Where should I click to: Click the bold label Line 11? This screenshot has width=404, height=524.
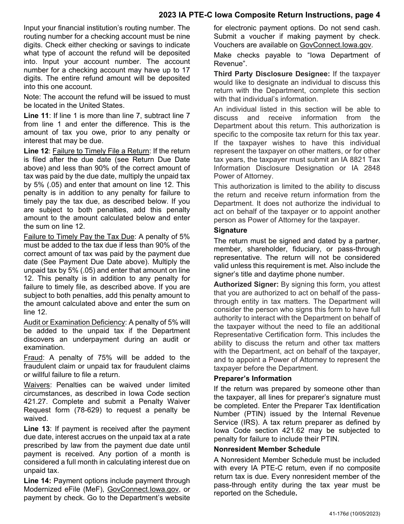[37, 115]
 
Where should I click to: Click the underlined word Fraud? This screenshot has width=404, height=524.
[33, 358]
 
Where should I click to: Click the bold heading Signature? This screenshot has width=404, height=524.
[230, 230]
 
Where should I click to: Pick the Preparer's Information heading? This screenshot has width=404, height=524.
[253, 378]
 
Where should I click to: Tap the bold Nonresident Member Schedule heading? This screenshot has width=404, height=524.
[267, 449]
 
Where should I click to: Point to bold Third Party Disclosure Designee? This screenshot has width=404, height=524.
[271, 74]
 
